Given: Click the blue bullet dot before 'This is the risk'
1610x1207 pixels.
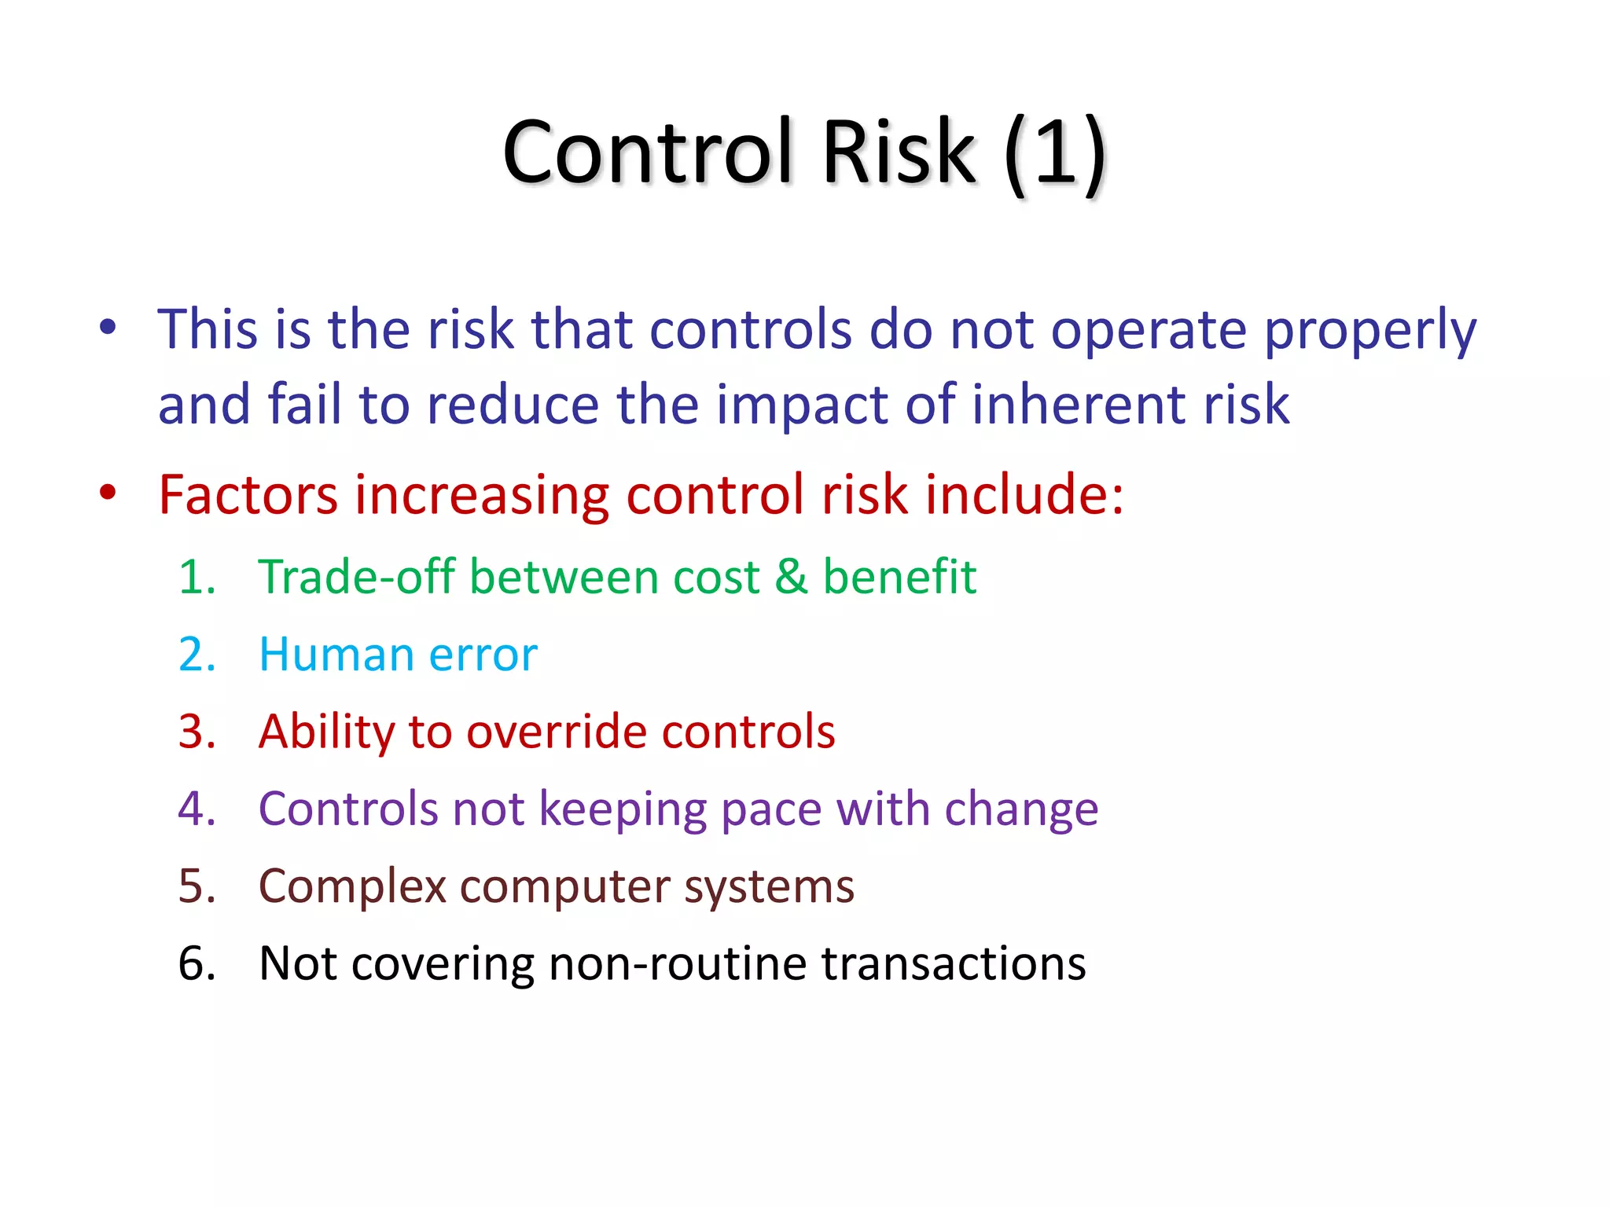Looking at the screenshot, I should [x=108, y=327].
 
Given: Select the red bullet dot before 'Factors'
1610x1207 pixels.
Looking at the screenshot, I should [x=108, y=493].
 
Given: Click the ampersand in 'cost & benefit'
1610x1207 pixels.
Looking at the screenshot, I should [x=791, y=578].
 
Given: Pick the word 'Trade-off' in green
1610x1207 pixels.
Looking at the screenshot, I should [x=356, y=578].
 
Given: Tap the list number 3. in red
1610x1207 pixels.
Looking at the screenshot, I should [x=197, y=732].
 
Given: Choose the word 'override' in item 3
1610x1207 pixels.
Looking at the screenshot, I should [x=556, y=732].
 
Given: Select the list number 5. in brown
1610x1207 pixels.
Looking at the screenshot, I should [x=197, y=886].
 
